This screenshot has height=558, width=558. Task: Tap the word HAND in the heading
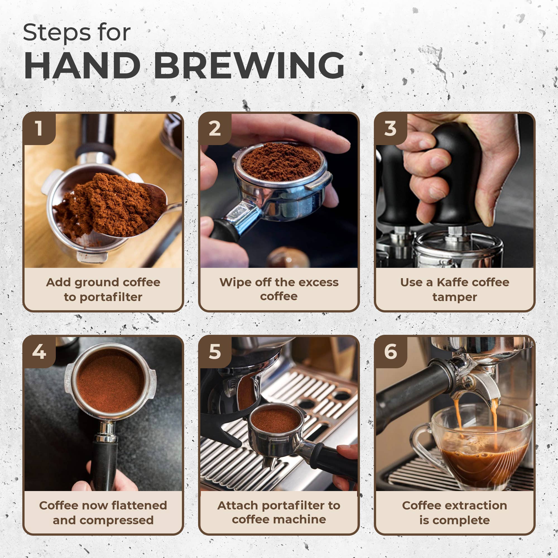[x=82, y=66]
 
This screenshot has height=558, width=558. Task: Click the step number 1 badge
[x=39, y=128]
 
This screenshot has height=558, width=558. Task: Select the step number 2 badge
[x=215, y=128]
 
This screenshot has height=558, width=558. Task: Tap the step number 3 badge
[x=390, y=128]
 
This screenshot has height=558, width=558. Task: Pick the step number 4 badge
[x=39, y=352]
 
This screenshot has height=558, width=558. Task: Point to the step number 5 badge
[x=215, y=352]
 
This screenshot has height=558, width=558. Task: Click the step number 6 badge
[x=390, y=352]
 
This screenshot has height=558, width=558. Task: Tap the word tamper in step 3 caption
[x=454, y=297]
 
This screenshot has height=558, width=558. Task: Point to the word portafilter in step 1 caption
[x=111, y=297]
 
